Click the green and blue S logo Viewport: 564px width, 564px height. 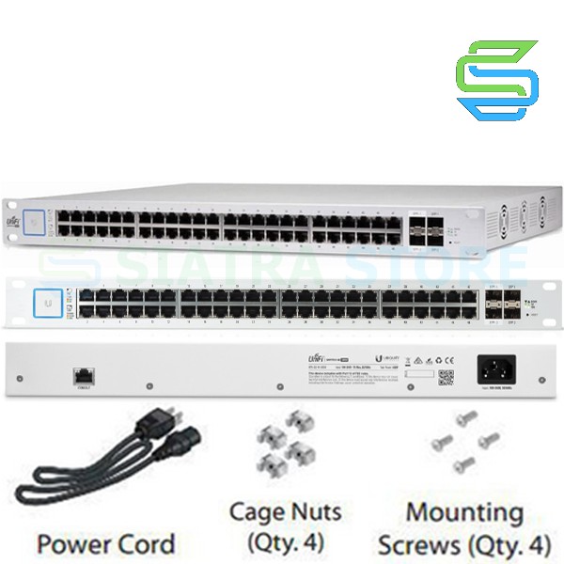point(497,79)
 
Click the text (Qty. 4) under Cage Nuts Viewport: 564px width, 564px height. point(286,542)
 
